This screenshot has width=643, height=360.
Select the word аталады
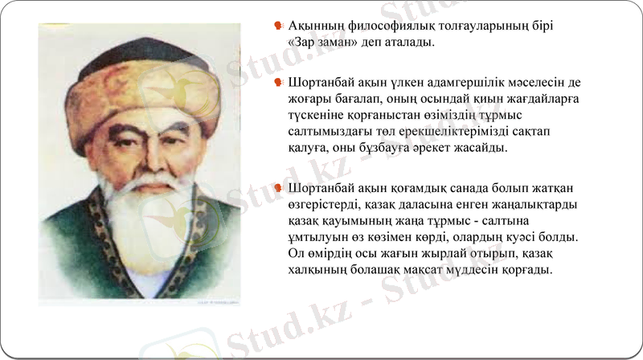click(x=408, y=43)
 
